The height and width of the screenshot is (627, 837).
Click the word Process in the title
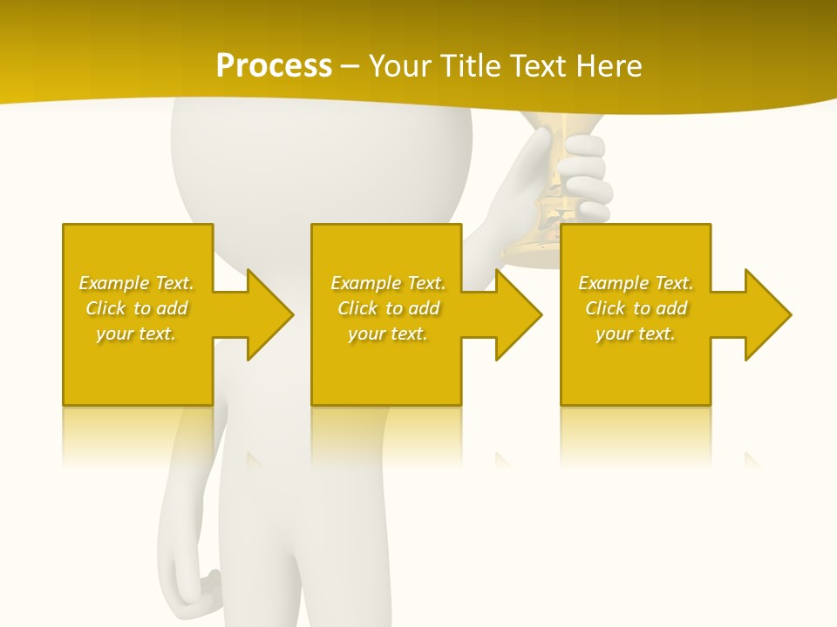point(274,66)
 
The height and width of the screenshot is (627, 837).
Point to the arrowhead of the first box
point(270,314)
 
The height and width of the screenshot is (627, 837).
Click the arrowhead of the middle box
point(519,314)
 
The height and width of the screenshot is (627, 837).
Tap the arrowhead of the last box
point(767,314)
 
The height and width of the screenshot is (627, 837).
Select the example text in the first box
point(136,308)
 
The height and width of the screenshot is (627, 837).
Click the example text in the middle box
point(387,308)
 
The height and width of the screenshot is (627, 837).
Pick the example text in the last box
point(635,308)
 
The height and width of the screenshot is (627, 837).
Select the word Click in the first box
point(106,308)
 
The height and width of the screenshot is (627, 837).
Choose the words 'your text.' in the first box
point(136,334)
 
